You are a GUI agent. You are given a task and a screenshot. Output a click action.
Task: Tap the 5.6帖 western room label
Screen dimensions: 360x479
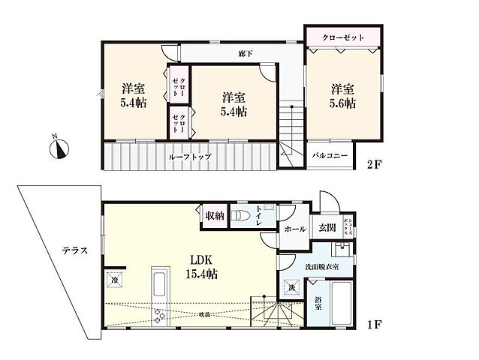coord(342,96)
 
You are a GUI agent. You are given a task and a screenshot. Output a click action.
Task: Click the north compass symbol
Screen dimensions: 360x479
coord(59,148)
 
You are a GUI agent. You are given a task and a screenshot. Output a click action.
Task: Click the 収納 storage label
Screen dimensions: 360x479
coord(214,216)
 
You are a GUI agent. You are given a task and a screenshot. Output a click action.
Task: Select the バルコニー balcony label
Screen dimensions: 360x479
coord(330,155)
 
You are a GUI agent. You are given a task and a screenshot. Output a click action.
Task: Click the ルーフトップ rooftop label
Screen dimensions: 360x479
coord(190,156)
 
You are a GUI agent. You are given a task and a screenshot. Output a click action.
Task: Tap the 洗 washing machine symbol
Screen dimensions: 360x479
coord(291,287)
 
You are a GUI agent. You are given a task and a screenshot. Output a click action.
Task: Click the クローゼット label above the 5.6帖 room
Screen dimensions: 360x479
coord(342,36)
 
